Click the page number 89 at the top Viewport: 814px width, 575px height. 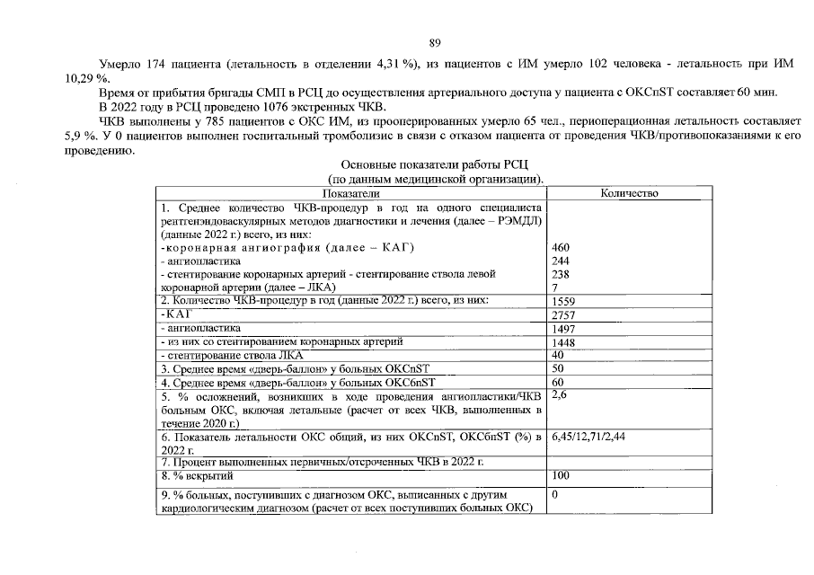pos(434,42)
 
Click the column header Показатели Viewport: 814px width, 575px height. pos(351,193)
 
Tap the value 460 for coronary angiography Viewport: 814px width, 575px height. pos(562,248)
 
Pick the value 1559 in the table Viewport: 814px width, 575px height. pos(564,301)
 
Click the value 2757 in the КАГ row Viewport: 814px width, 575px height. pos(564,315)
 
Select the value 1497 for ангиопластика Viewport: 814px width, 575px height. pos(564,330)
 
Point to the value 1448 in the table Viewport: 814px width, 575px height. pos(564,343)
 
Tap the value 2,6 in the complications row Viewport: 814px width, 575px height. pos(560,394)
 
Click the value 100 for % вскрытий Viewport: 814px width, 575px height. pos(562,474)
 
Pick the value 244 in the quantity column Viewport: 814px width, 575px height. pos(562,261)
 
